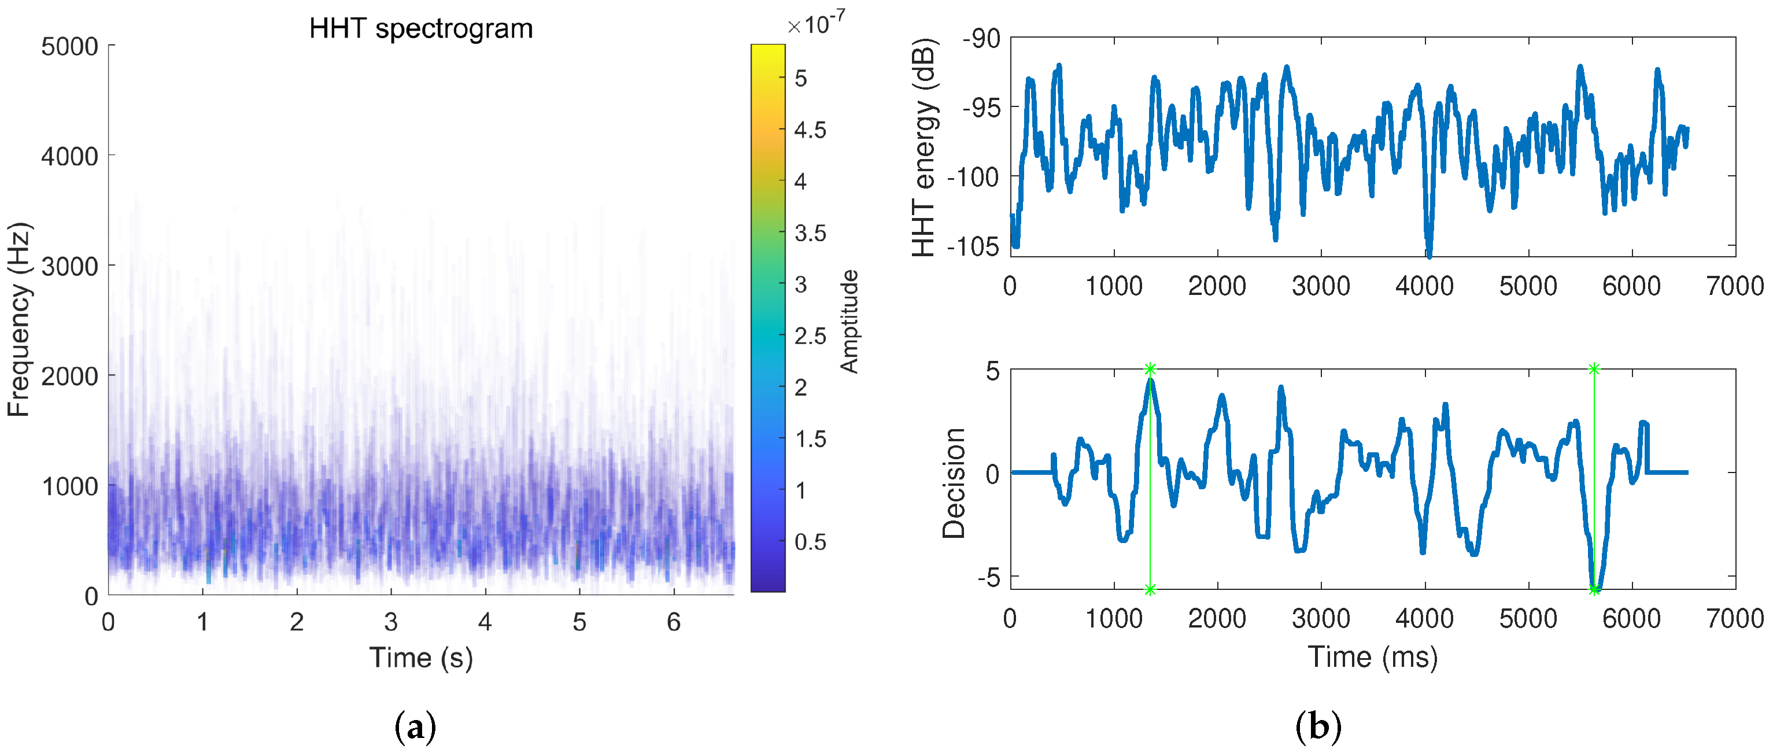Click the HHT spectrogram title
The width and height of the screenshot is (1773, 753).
420,29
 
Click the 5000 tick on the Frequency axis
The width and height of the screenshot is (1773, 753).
69,47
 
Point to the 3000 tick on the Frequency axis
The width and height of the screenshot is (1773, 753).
69,267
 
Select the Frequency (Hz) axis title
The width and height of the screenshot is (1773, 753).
19,319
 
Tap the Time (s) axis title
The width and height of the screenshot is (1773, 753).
420,658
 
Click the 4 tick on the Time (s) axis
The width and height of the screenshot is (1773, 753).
485,622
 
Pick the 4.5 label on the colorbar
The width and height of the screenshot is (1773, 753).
810,130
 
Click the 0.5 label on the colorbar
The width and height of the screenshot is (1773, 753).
810,542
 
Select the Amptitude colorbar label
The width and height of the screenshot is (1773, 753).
850,322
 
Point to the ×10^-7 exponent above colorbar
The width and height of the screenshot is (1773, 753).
817,24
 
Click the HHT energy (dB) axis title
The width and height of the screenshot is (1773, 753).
924,147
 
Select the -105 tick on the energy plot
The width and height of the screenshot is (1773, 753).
973,246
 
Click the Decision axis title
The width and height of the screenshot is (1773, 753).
954,482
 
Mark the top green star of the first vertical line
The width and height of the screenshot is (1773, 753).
1150,370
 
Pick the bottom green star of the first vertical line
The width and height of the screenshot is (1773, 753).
1150,589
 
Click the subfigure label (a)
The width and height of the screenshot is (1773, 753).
416,727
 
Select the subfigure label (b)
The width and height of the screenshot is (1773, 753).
1318,727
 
